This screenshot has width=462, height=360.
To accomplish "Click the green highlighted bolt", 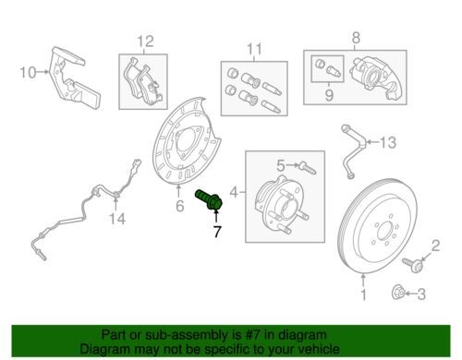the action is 210,200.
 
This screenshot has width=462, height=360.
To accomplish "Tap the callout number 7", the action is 217,232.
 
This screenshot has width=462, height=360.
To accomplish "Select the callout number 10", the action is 28,73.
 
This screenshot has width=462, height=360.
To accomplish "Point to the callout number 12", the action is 145,42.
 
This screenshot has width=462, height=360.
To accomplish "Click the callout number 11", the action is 254,49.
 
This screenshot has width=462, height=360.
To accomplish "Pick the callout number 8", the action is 356,38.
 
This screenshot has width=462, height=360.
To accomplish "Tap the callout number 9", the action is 329,95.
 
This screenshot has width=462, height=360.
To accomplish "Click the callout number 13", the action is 387,143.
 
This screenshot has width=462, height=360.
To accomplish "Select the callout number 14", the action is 117,219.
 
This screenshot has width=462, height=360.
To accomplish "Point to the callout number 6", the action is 180,206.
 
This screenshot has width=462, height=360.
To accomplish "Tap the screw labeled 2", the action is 412,264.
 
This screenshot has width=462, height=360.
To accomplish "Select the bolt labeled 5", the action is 308,168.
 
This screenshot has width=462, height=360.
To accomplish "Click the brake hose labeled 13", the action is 353,150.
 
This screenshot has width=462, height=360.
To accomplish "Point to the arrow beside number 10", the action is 43,72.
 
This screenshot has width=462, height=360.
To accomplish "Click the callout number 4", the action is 235,193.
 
